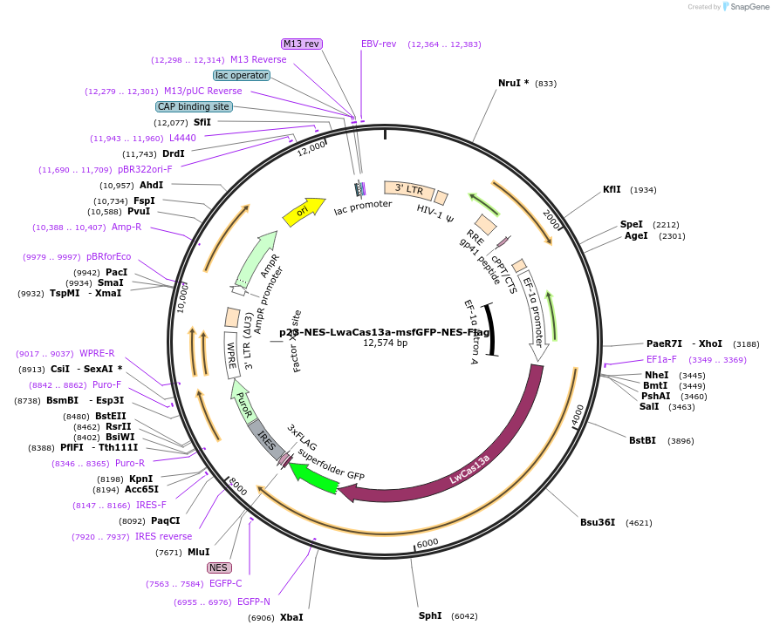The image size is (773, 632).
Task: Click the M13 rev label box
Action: (x=302, y=44)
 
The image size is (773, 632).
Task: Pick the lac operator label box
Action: (x=242, y=75)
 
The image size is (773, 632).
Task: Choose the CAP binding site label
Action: (x=194, y=106)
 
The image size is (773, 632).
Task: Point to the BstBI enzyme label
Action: (x=642, y=440)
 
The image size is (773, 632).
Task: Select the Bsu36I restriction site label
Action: (x=598, y=522)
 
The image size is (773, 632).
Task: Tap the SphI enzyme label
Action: (x=430, y=615)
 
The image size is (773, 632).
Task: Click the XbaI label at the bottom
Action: (x=291, y=617)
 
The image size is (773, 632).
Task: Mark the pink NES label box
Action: (x=219, y=567)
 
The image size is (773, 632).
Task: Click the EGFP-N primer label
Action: (x=254, y=601)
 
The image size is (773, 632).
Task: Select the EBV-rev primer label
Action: (x=379, y=44)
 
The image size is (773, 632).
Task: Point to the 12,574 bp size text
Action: (x=385, y=343)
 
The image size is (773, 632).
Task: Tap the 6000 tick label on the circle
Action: (x=428, y=542)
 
